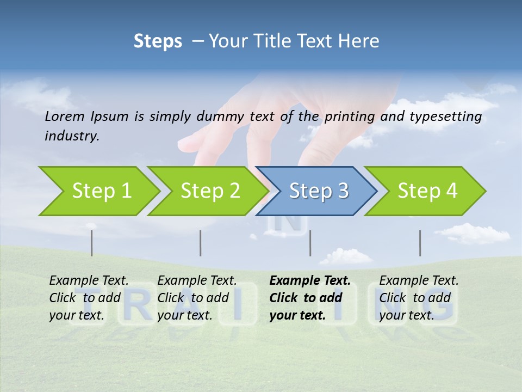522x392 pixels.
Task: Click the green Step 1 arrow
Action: pyautogui.click(x=101, y=191)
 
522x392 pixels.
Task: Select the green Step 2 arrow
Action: pyautogui.click(x=210, y=191)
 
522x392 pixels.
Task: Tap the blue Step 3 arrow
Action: pyautogui.click(x=319, y=191)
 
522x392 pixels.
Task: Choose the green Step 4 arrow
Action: pyautogui.click(x=427, y=191)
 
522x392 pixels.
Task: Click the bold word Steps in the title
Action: pyautogui.click(x=158, y=41)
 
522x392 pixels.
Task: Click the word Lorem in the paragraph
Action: pyautogui.click(x=65, y=117)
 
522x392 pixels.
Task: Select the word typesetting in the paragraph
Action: pyautogui.click(x=445, y=117)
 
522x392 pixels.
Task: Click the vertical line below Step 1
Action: pyautogui.click(x=91, y=243)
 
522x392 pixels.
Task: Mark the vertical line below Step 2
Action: pyautogui.click(x=201, y=243)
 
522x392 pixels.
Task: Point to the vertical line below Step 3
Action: pyautogui.click(x=310, y=243)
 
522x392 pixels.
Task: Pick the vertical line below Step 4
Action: pyautogui.click(x=420, y=243)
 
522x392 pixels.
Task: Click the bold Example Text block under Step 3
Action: pyautogui.click(x=309, y=298)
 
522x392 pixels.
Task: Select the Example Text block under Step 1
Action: pyautogui.click(x=89, y=298)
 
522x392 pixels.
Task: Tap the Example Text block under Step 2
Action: pyautogui.click(x=197, y=298)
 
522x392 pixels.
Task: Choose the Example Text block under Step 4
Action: pyautogui.click(x=419, y=298)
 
